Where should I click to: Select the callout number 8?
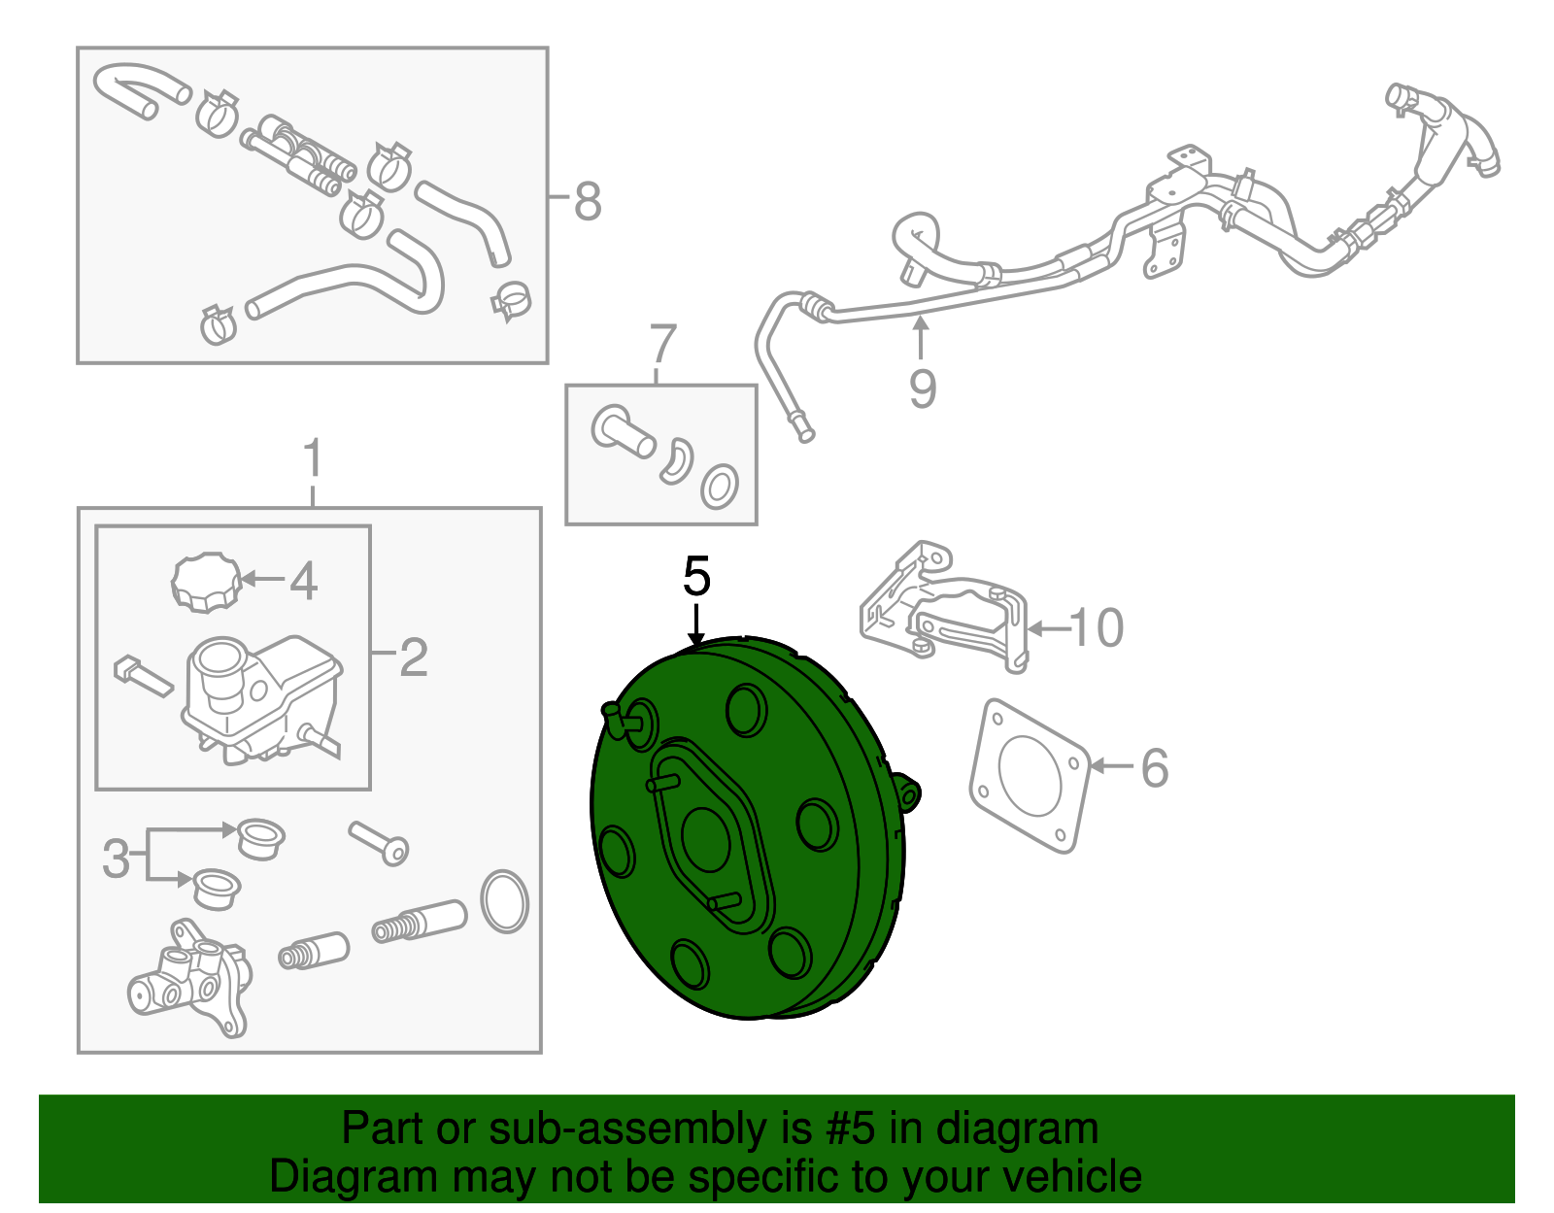(588, 201)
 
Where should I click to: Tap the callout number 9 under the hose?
(922, 388)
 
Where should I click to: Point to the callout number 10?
(1097, 628)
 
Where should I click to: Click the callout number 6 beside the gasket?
(1155, 767)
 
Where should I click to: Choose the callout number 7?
(662, 344)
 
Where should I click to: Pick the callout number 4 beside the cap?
(303, 581)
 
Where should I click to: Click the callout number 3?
(117, 858)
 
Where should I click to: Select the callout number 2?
(414, 657)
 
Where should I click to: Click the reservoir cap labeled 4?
(207, 582)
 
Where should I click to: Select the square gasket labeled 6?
(1030, 776)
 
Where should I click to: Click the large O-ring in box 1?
(505, 901)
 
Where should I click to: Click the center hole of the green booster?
(706, 840)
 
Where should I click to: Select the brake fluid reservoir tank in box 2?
(261, 700)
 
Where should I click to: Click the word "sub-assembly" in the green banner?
(651, 1129)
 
